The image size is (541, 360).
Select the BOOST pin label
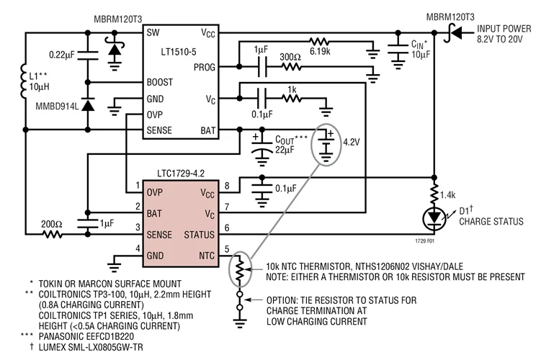click(160, 81)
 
